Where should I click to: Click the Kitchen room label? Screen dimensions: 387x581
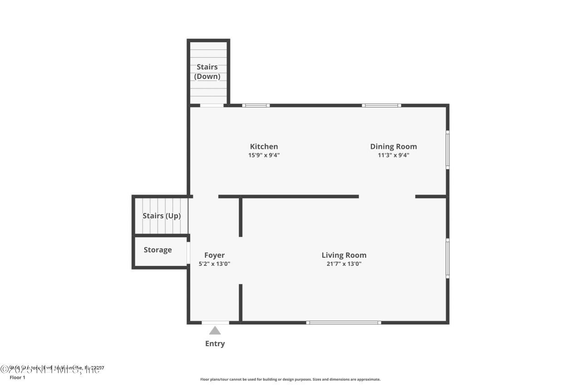coord(264,147)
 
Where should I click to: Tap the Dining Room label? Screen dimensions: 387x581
coord(393,147)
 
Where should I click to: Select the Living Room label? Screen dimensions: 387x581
coord(344,255)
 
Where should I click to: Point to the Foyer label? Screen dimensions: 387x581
coord(214,255)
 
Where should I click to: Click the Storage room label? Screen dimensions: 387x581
coord(158,250)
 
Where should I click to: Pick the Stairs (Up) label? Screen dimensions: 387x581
coord(162,216)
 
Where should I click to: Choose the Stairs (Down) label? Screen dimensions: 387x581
coord(207,72)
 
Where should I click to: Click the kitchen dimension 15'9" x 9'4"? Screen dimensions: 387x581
coord(264,155)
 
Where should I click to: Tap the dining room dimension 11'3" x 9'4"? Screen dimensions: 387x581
coord(393,155)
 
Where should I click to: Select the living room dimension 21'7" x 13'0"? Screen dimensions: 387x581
coord(344,264)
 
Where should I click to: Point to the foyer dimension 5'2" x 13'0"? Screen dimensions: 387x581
coord(214,264)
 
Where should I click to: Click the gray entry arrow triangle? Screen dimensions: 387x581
coord(215,330)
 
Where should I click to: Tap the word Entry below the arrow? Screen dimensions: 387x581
coord(215,343)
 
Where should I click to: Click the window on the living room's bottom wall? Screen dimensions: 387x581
coord(344,323)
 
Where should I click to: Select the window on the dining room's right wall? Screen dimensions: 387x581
coord(448,150)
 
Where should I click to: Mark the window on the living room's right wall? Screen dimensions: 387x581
coord(448,258)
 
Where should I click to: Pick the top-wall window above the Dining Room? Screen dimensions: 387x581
coord(381,105)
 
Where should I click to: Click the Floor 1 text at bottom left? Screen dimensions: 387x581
coord(17,377)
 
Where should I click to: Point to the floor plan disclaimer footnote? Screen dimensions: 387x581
coord(290,379)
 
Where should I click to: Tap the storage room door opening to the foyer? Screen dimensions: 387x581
coord(188,253)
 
